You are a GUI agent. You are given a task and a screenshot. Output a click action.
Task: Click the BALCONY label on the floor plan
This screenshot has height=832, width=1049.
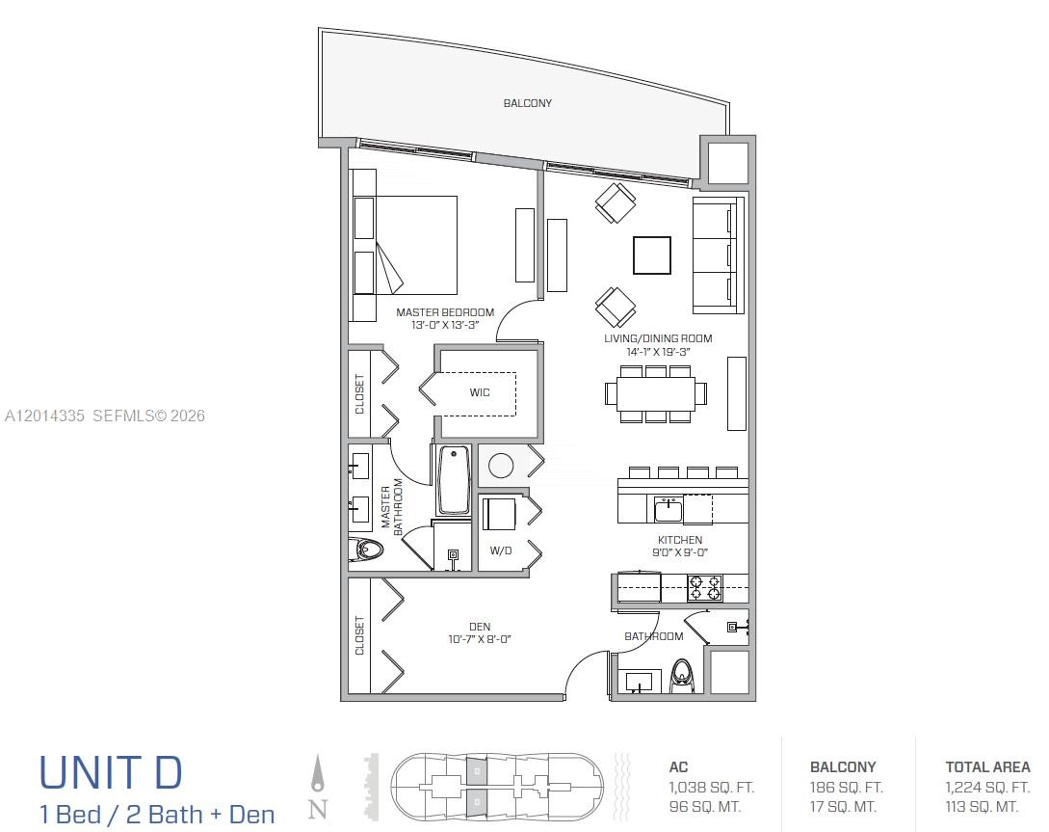click(x=527, y=103)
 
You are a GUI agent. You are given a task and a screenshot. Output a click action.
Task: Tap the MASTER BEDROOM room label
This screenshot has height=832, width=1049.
click(x=445, y=312)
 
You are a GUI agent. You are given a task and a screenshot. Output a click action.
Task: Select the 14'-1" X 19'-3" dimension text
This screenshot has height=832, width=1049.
click(x=658, y=352)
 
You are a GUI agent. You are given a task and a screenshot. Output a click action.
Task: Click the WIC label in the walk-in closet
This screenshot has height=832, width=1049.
click(x=479, y=392)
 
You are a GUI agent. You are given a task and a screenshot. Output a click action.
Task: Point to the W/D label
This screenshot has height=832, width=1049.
click(x=500, y=550)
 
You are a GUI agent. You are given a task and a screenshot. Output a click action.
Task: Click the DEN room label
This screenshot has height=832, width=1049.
click(x=480, y=627)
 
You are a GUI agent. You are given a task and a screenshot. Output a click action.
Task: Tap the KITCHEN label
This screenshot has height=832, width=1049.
click(x=680, y=540)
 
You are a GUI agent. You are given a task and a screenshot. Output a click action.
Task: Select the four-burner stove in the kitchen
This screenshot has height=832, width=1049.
click(x=705, y=588)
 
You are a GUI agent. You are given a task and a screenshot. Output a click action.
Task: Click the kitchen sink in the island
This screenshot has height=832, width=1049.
click(x=668, y=509)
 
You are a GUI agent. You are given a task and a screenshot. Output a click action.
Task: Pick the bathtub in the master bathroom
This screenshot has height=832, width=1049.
click(x=453, y=480)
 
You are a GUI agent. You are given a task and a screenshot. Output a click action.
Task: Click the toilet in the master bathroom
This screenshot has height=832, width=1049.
click(x=365, y=550)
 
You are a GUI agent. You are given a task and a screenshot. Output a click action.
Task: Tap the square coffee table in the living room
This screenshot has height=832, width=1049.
click(x=652, y=255)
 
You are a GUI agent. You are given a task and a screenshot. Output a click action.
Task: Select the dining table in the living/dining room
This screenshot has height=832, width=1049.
click(x=656, y=393)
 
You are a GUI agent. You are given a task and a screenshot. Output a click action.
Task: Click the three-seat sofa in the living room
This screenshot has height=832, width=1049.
click(x=719, y=255)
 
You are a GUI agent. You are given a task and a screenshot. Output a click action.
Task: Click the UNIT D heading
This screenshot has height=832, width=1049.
click(x=111, y=772)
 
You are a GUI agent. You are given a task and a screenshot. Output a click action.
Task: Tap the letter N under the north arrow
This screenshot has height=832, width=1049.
click(x=318, y=809)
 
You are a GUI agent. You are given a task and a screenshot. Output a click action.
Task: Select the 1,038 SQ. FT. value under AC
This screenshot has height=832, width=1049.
click(x=711, y=787)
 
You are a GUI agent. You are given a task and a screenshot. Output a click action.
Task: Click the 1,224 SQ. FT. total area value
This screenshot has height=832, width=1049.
click(x=987, y=787)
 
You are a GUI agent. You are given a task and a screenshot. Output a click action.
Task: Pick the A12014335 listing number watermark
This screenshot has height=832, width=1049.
click(x=44, y=416)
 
